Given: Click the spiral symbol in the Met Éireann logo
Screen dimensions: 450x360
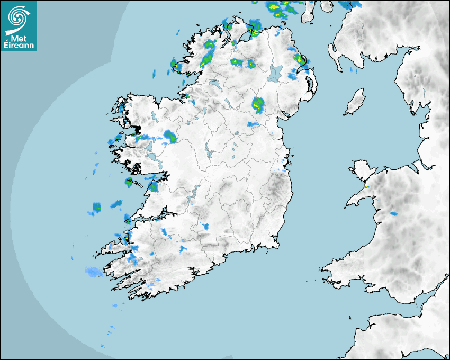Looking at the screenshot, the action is pyautogui.click(x=18, y=16).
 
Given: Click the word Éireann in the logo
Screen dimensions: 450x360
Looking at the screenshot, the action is pyautogui.click(x=19, y=46).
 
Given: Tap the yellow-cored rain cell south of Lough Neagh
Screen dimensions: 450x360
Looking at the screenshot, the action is pyautogui.click(x=258, y=105).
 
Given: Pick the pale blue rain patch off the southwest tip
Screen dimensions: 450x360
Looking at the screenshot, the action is pyautogui.click(x=93, y=272).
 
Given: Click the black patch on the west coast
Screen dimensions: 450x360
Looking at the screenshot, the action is pyautogui.click(x=137, y=129).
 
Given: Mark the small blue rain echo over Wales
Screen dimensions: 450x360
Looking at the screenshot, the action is pyautogui.click(x=393, y=213).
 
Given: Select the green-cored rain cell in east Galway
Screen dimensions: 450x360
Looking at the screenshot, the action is pyautogui.click(x=170, y=137).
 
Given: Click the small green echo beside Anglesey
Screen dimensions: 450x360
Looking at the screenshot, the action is pyautogui.click(x=366, y=187).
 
